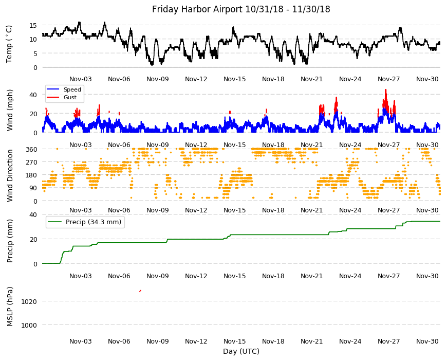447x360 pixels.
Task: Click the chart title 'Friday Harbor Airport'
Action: (198, 9)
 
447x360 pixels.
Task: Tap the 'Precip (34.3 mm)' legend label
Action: (94, 222)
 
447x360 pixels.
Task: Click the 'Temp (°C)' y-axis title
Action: (9, 44)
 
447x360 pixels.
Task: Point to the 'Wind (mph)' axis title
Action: (10, 111)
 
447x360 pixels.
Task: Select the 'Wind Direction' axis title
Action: (10, 176)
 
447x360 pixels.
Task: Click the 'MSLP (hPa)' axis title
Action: (10, 307)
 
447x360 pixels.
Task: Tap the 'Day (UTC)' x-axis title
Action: (241, 351)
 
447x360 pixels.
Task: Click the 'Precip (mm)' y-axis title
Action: (10, 241)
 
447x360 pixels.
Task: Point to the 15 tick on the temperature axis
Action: (33, 25)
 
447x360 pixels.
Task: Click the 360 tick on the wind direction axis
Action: (31, 149)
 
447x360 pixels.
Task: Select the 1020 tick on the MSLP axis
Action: (29, 301)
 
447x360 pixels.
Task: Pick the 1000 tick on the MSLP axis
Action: (29, 325)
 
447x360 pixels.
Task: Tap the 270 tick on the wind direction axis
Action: (31, 163)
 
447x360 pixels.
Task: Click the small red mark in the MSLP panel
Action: (140, 291)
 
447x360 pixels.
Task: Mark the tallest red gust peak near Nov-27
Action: (386, 89)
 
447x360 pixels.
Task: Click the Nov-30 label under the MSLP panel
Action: (427, 341)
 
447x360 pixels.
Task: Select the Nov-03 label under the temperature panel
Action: (81, 79)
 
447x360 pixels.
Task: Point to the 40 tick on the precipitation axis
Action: (33, 214)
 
